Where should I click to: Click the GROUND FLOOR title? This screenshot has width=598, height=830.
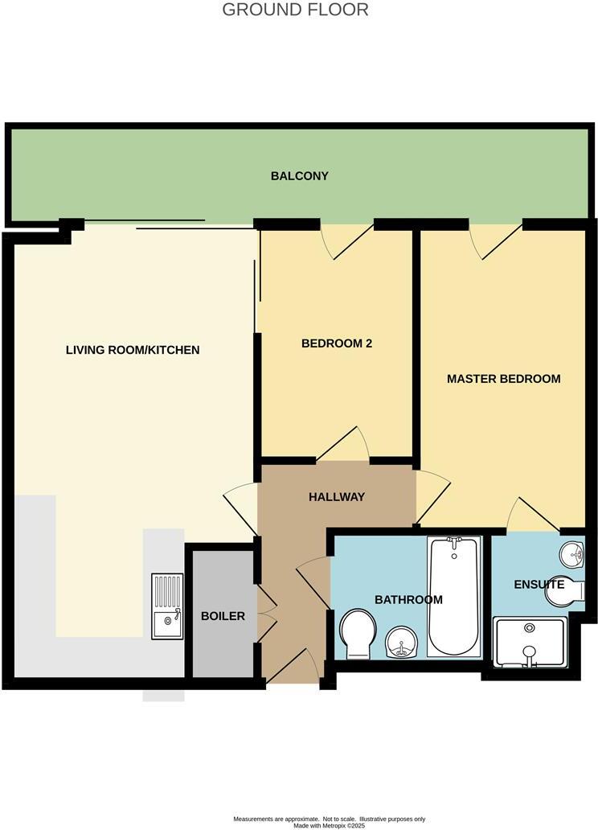(295, 10)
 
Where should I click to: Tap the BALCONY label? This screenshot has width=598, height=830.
(299, 176)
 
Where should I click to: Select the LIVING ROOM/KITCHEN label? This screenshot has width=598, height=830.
(133, 350)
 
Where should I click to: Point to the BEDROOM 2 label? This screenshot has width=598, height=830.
(337, 343)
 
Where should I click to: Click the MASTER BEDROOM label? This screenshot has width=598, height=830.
(503, 378)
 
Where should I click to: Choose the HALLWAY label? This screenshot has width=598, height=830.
(337, 497)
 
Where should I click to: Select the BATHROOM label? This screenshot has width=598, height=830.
(408, 600)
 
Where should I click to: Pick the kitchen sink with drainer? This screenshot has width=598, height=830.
(167, 606)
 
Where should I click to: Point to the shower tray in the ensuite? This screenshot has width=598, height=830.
(529, 641)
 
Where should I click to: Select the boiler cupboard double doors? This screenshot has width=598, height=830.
(266, 616)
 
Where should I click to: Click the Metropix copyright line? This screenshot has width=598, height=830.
(329, 825)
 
